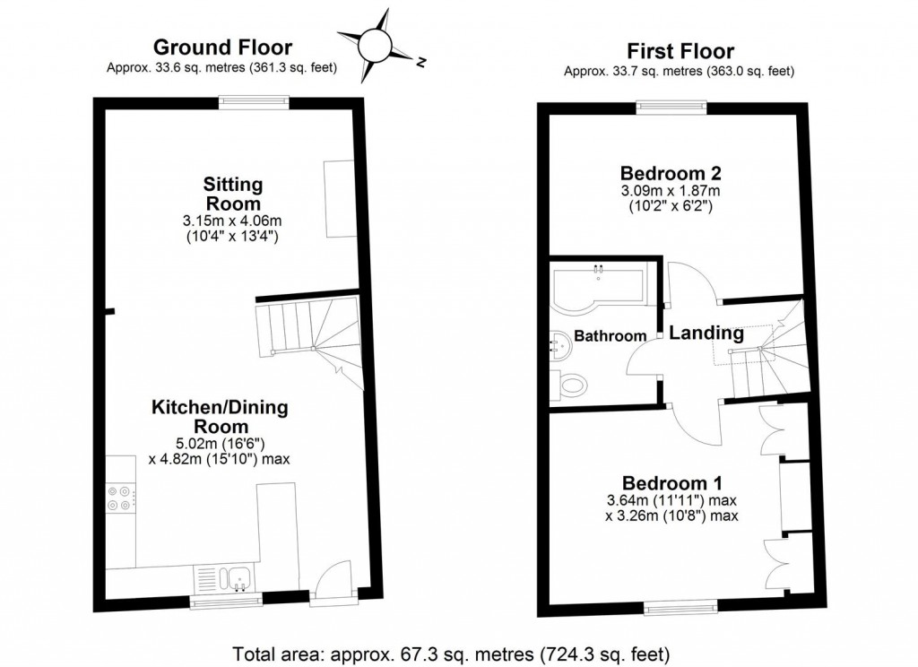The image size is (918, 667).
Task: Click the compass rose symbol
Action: [376, 42]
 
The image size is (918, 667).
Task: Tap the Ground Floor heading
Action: [222, 48]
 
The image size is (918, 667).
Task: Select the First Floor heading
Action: [680, 51]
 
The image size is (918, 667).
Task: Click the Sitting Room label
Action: [232, 194]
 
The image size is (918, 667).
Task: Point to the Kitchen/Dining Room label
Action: [220, 417]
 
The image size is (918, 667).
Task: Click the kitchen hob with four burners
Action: [119, 498]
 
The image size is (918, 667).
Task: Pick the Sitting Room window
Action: [255, 103]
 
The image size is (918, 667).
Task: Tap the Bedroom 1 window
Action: [680, 609]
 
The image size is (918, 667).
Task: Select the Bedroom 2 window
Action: [671, 108]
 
